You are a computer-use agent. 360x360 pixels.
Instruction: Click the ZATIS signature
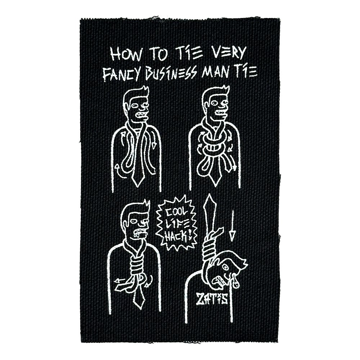tap(211, 298)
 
